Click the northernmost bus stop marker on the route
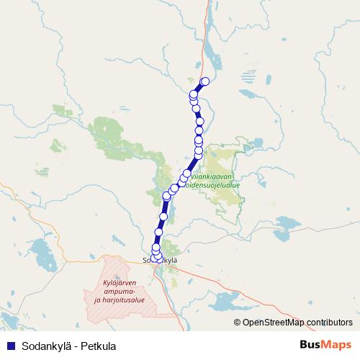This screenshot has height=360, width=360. click(204, 81)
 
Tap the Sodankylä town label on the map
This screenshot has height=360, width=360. click(161, 259)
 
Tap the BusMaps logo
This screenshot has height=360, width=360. click(325, 345)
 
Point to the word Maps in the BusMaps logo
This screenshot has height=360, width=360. click(336, 345)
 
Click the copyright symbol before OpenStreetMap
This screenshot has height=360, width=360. click(238, 322)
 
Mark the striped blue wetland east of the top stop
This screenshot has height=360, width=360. click(248, 75)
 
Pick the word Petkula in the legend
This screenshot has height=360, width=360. click(99, 346)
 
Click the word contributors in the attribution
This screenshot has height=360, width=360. click(329, 322)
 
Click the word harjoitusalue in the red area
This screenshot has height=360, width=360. click(122, 299)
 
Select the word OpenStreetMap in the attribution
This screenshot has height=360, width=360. click(273, 322)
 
